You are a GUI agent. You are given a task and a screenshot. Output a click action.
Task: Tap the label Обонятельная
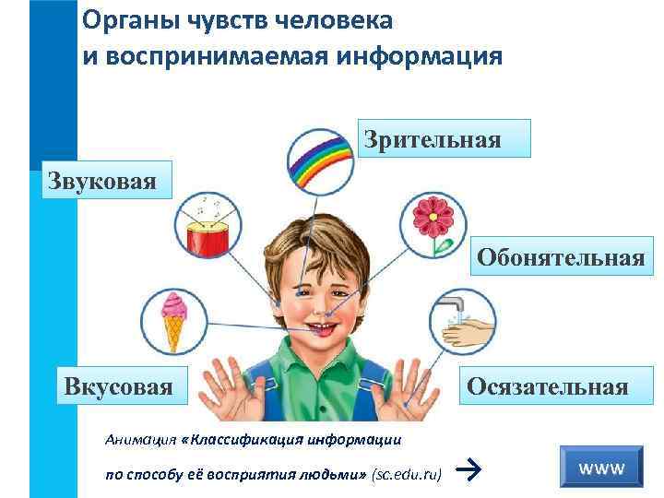coord(560,258)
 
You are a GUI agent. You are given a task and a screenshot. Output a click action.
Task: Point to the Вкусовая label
coord(119,385)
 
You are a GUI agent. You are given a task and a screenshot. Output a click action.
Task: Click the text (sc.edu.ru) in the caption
coord(405,474)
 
